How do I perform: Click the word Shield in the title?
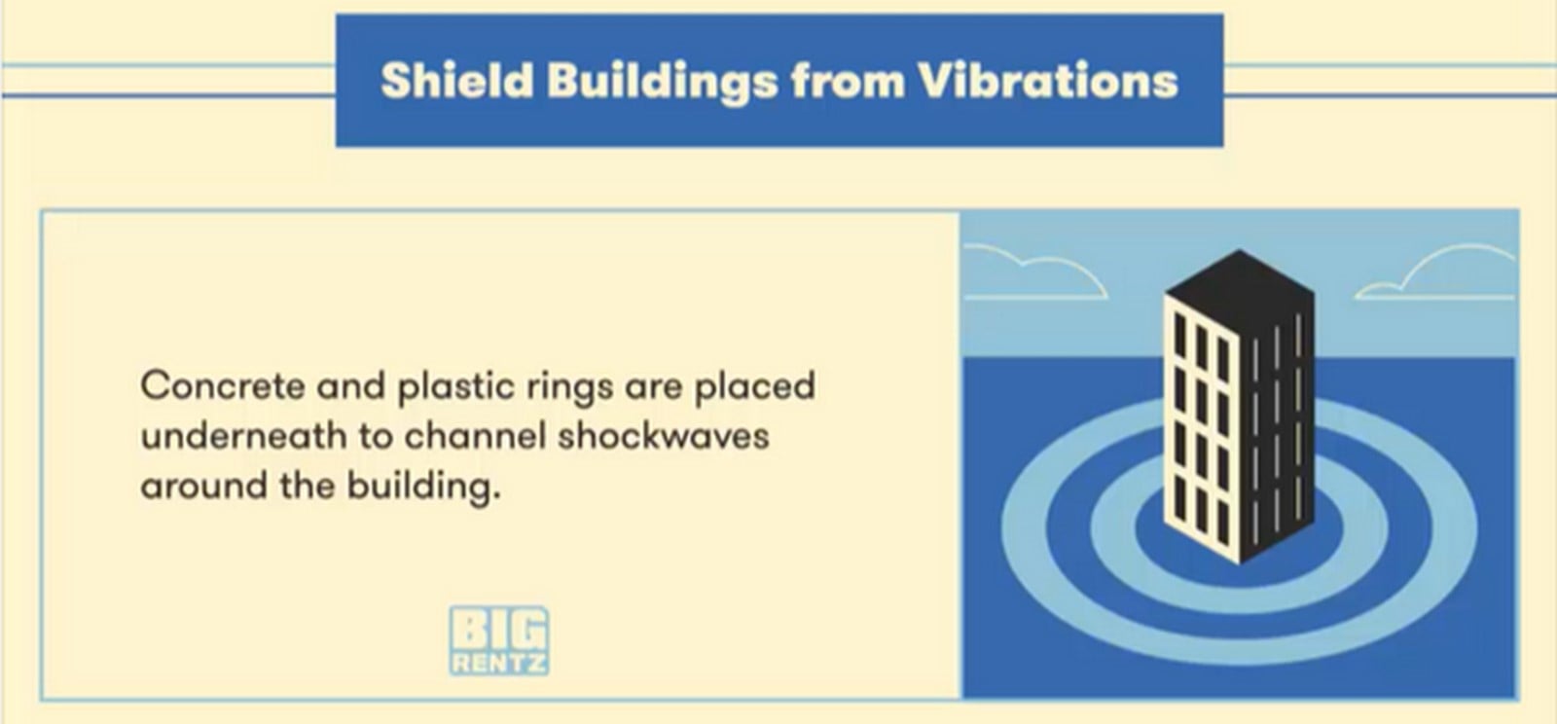pos(456,81)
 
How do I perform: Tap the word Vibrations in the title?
pos(1048,81)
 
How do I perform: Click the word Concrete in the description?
pos(223,385)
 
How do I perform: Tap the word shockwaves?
pos(663,436)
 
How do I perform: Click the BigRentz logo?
pos(499,640)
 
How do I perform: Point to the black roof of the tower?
pos(1240,285)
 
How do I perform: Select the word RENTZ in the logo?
pos(499,662)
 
